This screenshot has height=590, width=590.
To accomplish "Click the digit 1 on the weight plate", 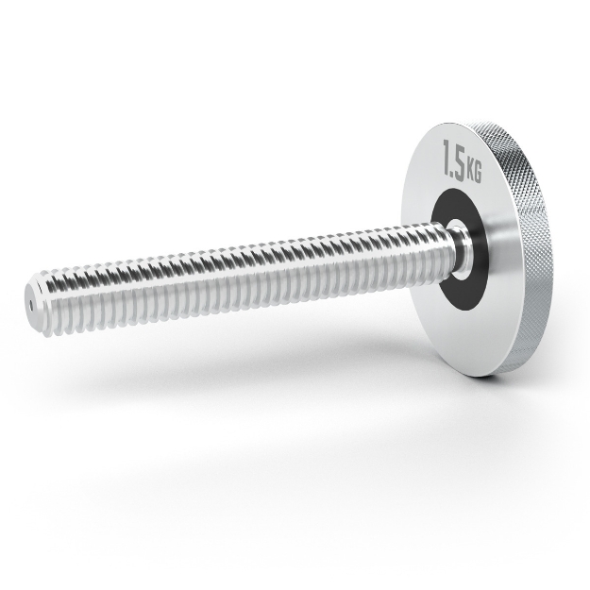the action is (x=447, y=157).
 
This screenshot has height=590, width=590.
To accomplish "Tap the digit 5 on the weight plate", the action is (x=460, y=163).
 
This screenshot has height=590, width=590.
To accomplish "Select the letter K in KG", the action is (x=470, y=171).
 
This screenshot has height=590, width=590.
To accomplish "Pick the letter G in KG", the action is (x=478, y=174).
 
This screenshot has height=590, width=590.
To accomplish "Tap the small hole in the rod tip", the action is (x=31, y=306).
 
